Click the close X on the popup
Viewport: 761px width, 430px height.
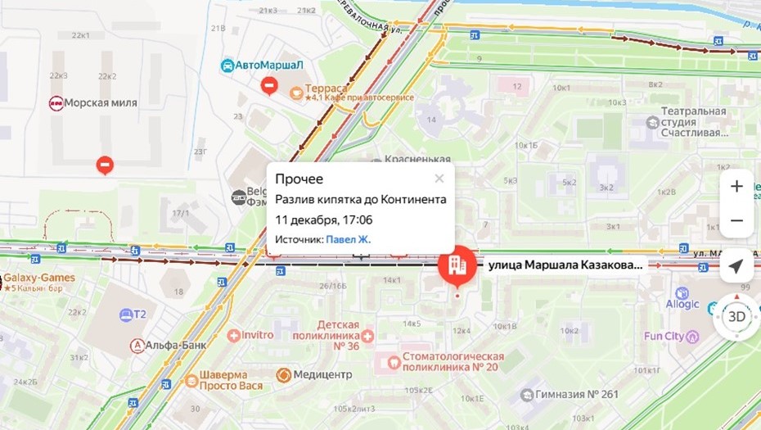[x=439, y=179]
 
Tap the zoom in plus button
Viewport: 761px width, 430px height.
[x=736, y=187]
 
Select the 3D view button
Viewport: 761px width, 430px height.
[x=736, y=317]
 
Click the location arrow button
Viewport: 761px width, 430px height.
[x=736, y=267]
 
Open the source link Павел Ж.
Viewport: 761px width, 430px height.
[x=348, y=239]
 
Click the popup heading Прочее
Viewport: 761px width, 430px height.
[x=299, y=179]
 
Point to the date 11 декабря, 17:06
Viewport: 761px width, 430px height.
[x=323, y=220]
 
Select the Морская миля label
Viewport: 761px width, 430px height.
[x=102, y=103]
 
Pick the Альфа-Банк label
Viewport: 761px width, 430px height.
[x=176, y=345]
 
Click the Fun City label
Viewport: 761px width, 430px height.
[x=663, y=336]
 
